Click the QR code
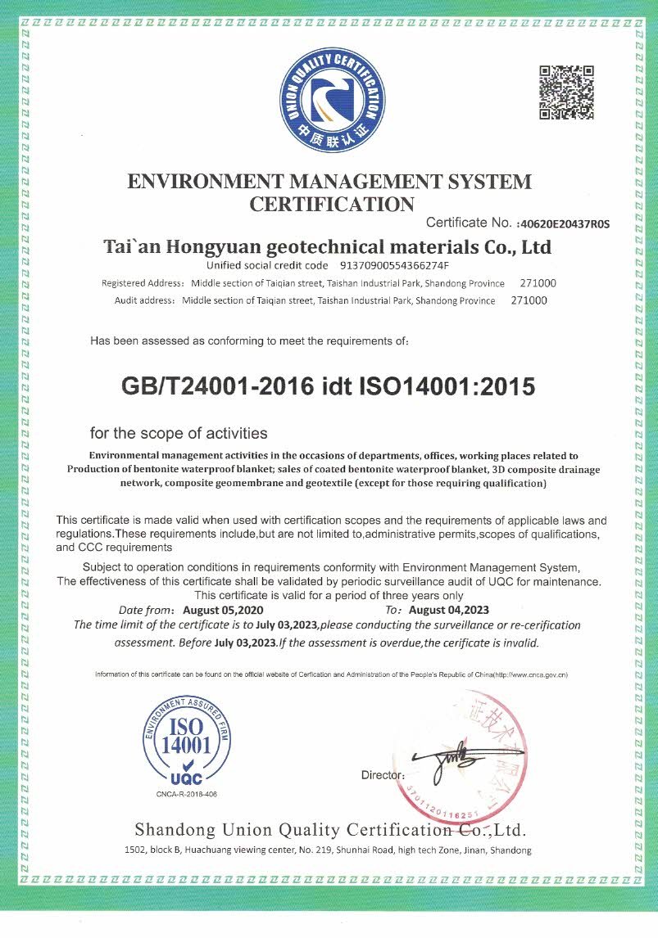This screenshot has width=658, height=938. (x=566, y=92)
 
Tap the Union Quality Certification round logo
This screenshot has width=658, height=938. (x=332, y=100)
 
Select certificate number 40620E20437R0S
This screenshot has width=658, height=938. (x=565, y=223)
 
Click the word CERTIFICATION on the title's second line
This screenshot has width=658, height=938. (x=332, y=205)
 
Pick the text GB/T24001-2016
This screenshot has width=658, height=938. (x=216, y=386)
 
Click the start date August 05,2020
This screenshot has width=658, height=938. (x=223, y=610)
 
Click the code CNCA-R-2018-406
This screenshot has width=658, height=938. (x=187, y=795)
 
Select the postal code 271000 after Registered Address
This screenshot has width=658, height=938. (x=538, y=283)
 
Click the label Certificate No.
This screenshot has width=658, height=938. (x=469, y=223)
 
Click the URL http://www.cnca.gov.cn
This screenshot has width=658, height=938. (x=529, y=674)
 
